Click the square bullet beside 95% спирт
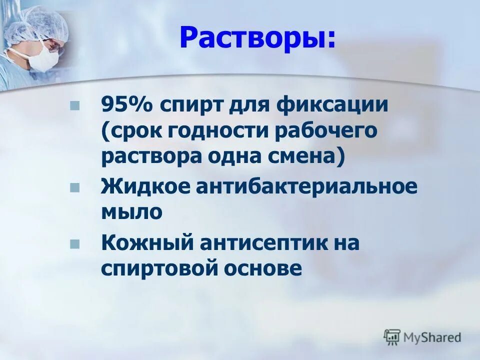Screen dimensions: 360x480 (x=75, y=106)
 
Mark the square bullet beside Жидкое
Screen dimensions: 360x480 (x=75, y=187)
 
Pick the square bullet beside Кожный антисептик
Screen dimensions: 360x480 (x=75, y=244)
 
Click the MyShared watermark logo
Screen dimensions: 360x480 (x=422, y=337)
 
